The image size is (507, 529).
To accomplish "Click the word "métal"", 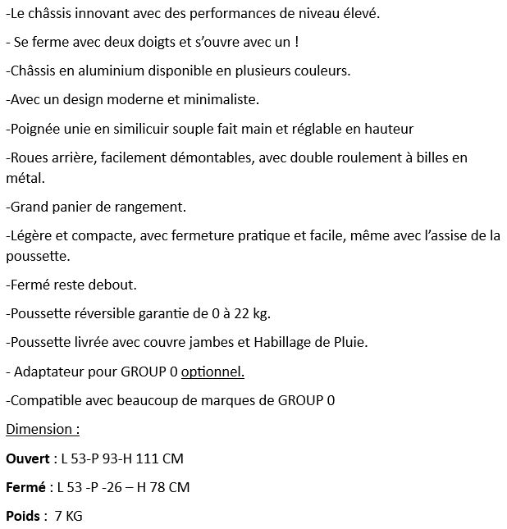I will click(x=24, y=177).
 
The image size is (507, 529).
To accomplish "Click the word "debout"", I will click(x=110, y=285).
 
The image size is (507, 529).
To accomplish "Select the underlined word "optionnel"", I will click(x=212, y=372).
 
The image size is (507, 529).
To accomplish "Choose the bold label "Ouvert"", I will click(x=28, y=458).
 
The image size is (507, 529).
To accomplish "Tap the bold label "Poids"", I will click(x=24, y=516).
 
